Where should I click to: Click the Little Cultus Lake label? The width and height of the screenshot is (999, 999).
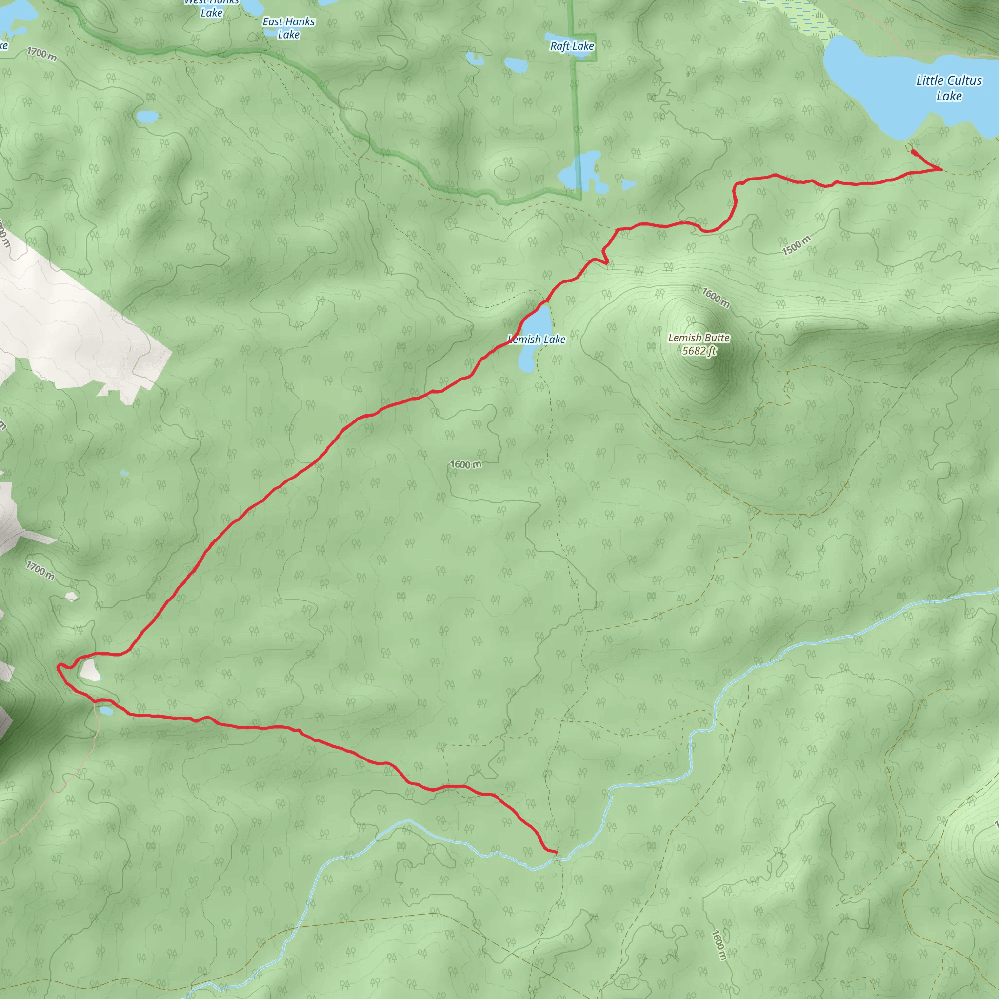(948, 88)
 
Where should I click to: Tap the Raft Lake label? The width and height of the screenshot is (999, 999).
(572, 46)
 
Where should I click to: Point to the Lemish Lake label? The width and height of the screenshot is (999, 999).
(538, 339)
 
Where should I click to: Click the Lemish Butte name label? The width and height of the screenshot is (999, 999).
(699, 338)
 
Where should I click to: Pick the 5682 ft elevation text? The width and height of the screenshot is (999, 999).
(699, 351)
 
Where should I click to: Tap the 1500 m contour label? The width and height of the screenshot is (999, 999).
(796, 245)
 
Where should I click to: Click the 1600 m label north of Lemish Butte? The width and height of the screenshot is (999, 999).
(716, 298)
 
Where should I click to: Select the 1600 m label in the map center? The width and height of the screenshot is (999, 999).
(465, 464)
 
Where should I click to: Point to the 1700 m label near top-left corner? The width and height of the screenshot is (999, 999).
(41, 53)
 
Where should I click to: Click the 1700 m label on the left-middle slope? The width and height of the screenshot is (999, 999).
(40, 571)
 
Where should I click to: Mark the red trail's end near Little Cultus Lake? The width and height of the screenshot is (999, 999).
(913, 152)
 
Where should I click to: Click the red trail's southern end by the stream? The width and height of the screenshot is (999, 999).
(557, 852)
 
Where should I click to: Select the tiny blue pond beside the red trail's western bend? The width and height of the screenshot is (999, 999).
(106, 712)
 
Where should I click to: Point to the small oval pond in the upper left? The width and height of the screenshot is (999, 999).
(148, 117)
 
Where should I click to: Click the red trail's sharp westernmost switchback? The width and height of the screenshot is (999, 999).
(59, 666)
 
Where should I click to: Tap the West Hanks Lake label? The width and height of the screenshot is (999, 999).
(212, 8)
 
